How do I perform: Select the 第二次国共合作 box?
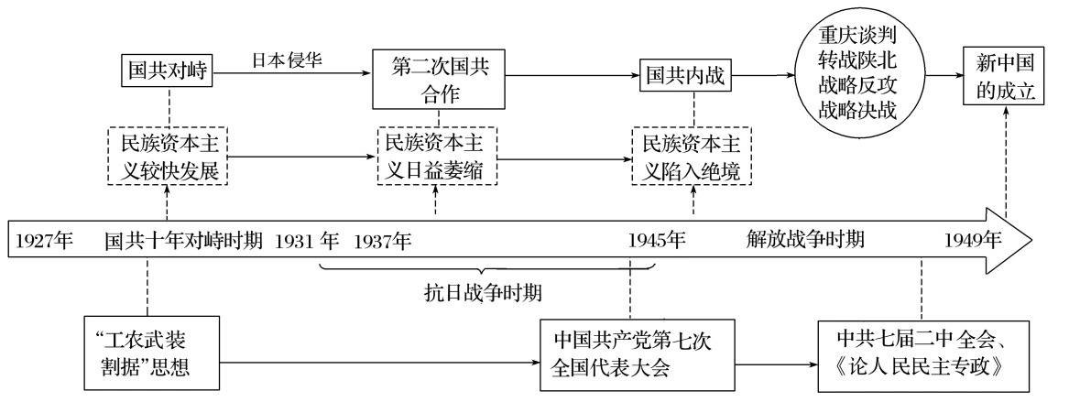pyautogui.click(x=438, y=80)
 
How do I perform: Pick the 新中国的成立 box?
pyautogui.click(x=1004, y=77)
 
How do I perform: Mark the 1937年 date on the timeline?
pyautogui.click(x=383, y=242)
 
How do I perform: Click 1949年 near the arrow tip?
pyautogui.click(x=973, y=242)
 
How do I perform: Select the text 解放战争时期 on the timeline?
pyautogui.click(x=804, y=242)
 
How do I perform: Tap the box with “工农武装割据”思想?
pyautogui.click(x=150, y=353)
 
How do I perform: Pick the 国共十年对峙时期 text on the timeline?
pyautogui.click(x=183, y=242)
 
